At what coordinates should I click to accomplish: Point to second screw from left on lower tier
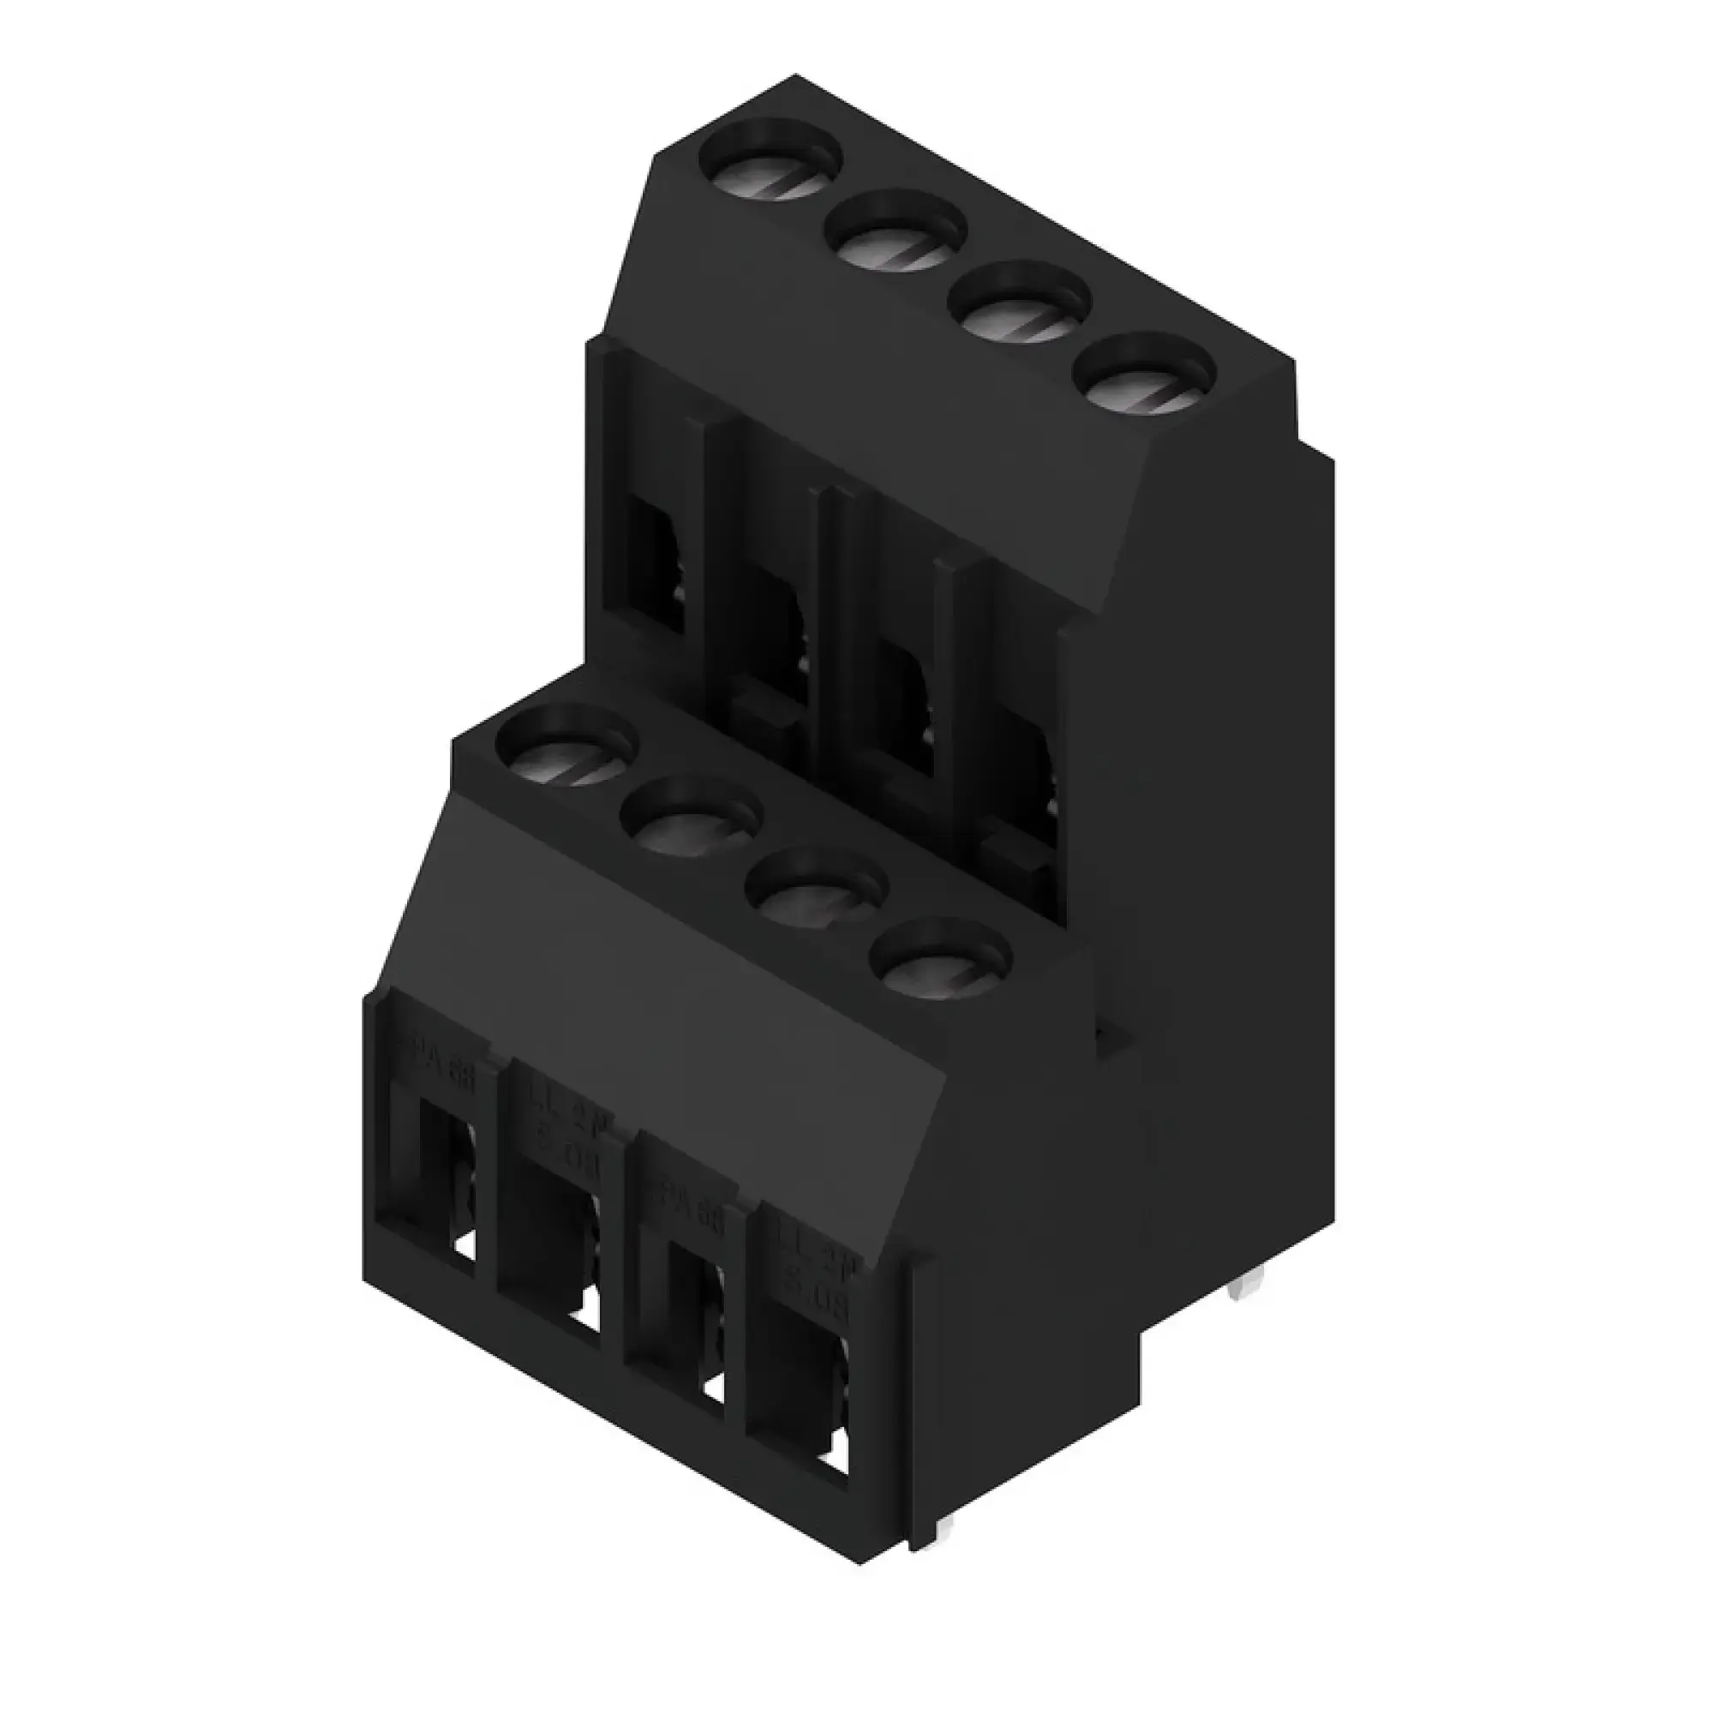692,825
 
